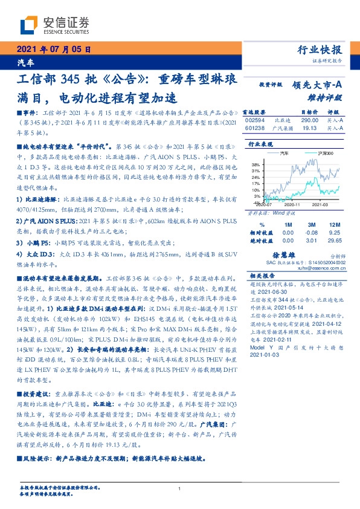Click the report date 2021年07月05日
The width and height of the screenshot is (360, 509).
tap(54, 50)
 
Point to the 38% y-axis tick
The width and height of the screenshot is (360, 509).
tap(256, 164)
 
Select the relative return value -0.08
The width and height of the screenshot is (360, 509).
tap(311, 232)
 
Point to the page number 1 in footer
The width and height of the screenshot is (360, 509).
tap(180, 488)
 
